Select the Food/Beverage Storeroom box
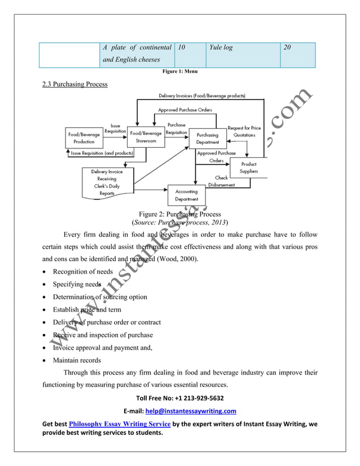146,137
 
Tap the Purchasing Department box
207,138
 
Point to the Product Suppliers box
248,168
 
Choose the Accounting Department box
186,195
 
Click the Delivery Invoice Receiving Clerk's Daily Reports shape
107,182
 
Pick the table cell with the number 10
190,55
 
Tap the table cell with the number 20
297,55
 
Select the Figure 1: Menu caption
179,72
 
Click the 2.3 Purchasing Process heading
75,85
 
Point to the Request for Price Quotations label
244,131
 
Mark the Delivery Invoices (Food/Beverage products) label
201,96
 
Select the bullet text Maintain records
77,360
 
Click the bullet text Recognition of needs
82,271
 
